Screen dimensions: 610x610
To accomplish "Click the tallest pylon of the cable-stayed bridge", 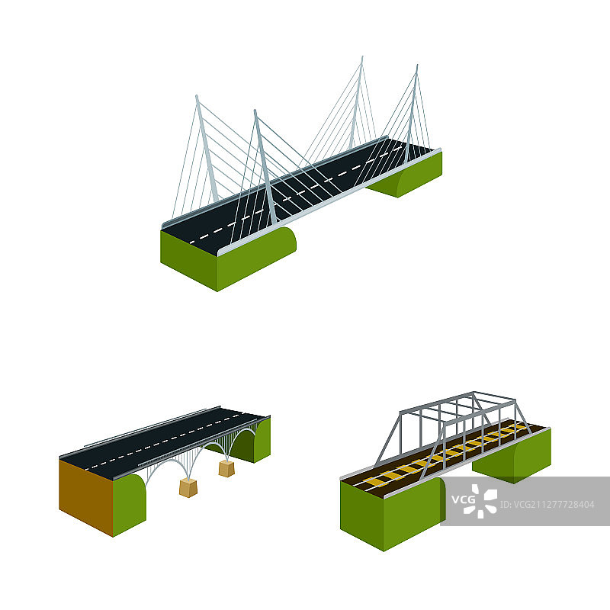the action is (x=357, y=105).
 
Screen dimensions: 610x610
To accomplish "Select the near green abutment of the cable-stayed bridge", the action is (x=227, y=258).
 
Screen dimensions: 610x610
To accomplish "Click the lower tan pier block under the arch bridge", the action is (x=188, y=488).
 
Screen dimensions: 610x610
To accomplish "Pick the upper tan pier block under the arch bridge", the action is (x=226, y=468).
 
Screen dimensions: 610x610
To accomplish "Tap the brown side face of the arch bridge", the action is (x=86, y=497).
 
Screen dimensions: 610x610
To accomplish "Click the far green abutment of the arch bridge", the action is (x=249, y=441).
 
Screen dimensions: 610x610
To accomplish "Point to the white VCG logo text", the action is (x=463, y=499).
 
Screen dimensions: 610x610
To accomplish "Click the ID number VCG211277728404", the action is (x=547, y=505).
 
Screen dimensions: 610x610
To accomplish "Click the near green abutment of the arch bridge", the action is (x=129, y=505).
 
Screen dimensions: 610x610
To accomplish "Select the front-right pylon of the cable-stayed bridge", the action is (x=265, y=166).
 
